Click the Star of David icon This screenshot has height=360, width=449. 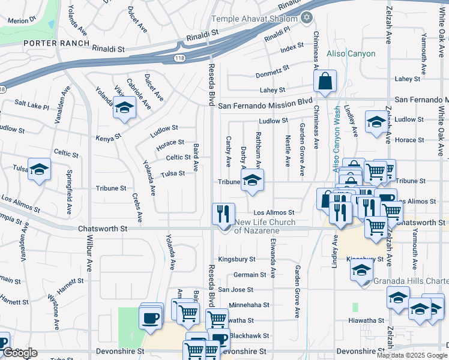tap(307, 17)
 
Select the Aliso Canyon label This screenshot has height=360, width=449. tap(351, 54)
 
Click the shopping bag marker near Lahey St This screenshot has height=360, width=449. tap(325, 82)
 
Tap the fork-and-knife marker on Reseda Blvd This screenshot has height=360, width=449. tap(223, 212)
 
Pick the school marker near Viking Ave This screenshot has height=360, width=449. tap(124, 108)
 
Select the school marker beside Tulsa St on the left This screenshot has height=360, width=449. tap(40, 169)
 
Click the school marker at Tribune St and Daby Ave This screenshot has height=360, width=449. tap(253, 181)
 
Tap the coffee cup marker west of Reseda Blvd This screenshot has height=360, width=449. tap(151, 316)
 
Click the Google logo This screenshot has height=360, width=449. tap(20, 353)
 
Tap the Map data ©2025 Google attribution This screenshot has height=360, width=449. tap(412, 355)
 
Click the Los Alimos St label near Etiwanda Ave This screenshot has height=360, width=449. tap(273, 212)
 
